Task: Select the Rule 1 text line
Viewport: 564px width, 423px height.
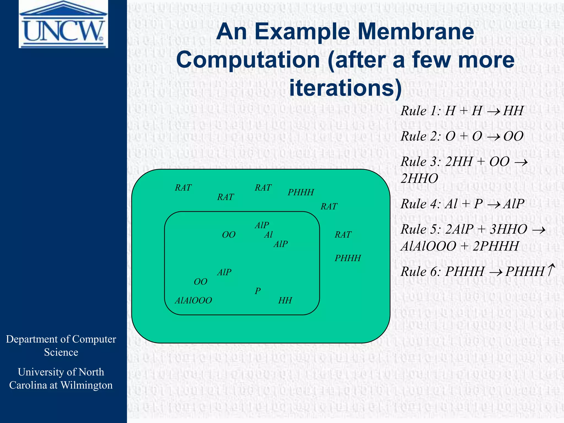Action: point(462,111)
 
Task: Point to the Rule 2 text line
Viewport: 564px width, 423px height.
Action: point(462,136)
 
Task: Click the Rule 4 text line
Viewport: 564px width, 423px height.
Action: point(462,204)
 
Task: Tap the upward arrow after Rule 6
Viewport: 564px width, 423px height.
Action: point(551,270)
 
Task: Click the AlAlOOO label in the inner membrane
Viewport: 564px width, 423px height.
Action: point(193,300)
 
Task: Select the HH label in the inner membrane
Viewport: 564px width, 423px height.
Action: point(285,300)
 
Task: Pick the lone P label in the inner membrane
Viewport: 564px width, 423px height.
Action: point(258,291)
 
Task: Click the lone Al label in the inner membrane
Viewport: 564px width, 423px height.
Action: point(268,235)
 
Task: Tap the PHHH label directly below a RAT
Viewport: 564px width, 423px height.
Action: point(348,258)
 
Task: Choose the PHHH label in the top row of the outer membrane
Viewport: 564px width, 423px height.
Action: point(301,192)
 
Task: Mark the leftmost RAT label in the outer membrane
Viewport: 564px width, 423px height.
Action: point(183,188)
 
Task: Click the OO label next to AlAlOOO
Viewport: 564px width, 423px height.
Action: point(200,282)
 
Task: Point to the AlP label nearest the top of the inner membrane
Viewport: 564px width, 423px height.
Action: point(262,225)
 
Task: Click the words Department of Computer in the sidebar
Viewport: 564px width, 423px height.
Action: point(61,339)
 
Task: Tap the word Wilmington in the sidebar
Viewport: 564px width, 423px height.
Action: point(86,385)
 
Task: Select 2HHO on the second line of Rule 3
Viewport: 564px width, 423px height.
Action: point(419,179)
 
